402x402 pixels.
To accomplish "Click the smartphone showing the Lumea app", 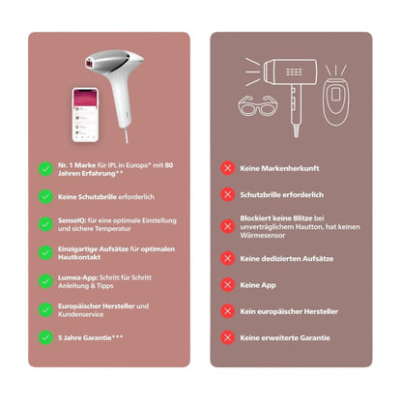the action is [85, 115].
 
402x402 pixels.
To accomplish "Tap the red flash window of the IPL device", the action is [90, 63].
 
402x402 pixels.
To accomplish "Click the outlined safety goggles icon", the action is [257, 105].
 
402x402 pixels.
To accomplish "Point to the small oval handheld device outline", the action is [336, 100].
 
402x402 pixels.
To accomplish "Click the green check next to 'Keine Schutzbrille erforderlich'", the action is [45, 196].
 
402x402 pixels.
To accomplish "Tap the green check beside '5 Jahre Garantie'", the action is [45, 337].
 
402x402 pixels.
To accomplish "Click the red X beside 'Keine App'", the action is [228, 285].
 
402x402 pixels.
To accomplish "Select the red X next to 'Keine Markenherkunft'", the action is [228, 168].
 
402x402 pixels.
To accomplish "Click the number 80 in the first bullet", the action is [169, 165].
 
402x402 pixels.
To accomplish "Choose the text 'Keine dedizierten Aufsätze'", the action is [287, 259].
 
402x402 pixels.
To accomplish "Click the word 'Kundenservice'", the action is [81, 314].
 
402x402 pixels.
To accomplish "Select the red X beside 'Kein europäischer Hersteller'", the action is [228, 311].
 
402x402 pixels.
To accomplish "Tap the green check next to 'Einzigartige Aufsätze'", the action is [45, 253].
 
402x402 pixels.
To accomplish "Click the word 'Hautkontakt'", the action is [79, 257].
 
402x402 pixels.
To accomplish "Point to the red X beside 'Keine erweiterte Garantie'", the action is [228, 337].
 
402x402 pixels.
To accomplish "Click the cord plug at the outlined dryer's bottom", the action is [296, 131].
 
